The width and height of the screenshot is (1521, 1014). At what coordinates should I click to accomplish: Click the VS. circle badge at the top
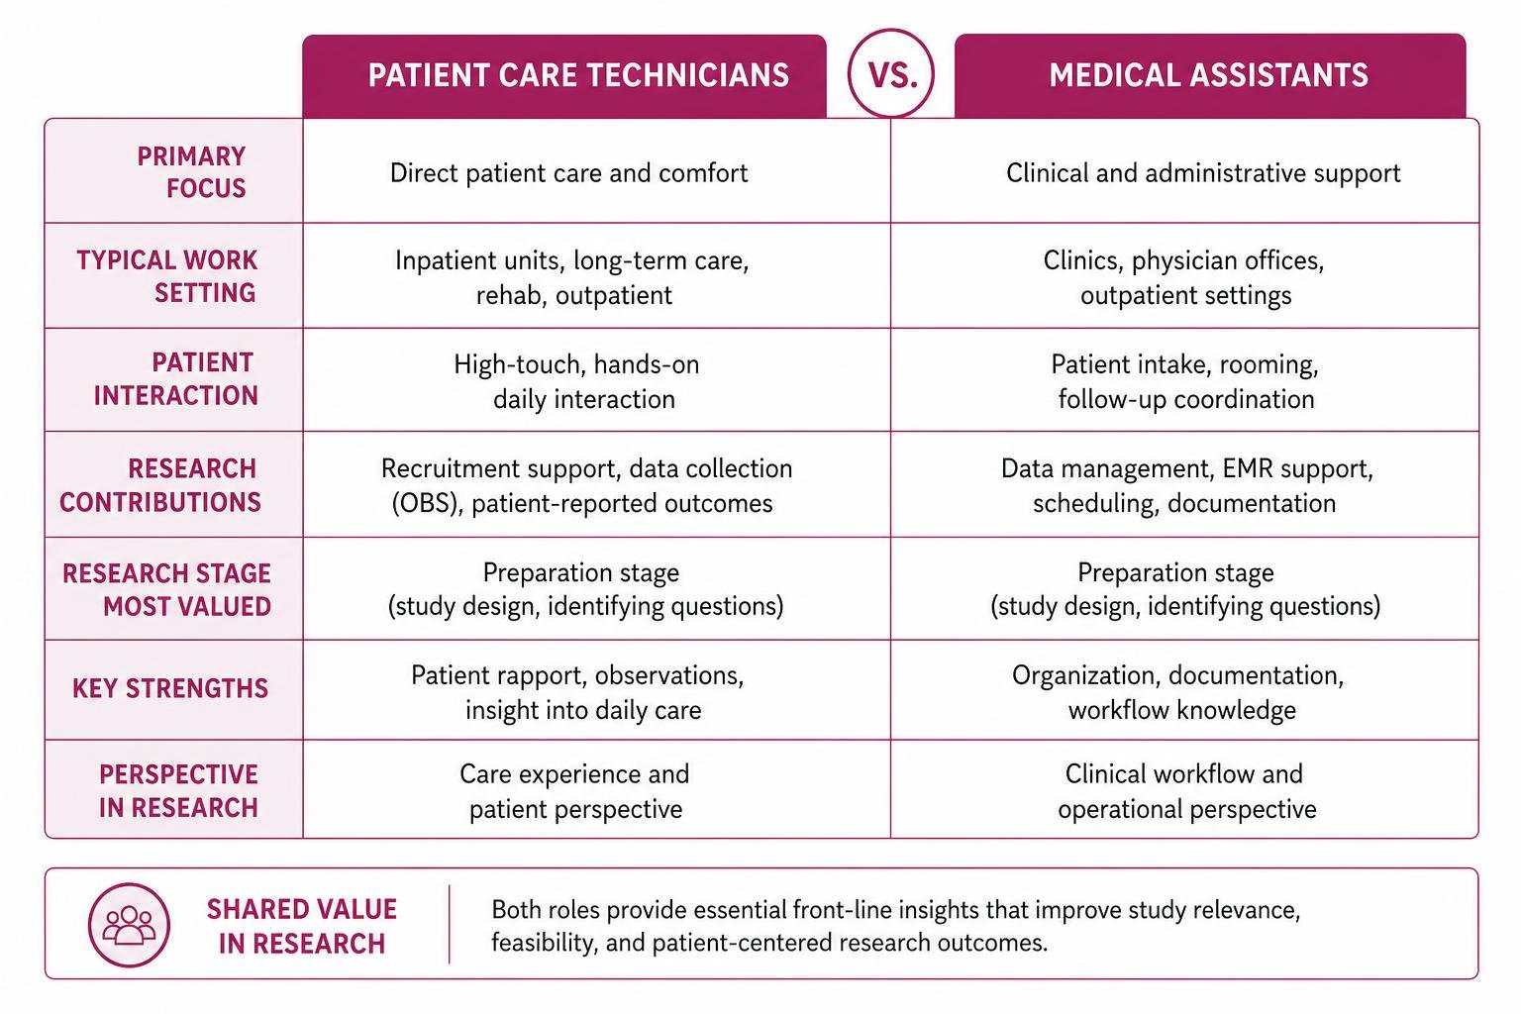[x=890, y=73]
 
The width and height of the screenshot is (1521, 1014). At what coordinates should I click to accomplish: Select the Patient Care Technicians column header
[x=564, y=76]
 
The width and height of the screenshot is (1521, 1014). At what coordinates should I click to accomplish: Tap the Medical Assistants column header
[x=1210, y=76]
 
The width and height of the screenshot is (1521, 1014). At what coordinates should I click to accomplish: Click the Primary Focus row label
[x=191, y=172]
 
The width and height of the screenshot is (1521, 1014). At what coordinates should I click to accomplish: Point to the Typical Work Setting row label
[x=167, y=276]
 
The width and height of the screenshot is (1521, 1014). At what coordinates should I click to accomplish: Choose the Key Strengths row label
[x=170, y=688]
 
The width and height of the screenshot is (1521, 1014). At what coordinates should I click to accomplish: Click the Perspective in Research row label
[x=178, y=790]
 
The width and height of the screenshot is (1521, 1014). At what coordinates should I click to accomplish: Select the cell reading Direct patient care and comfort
[x=569, y=173]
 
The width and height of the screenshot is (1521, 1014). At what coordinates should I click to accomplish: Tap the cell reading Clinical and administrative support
[x=1203, y=173]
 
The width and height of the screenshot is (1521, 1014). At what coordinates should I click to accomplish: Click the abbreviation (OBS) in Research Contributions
[x=427, y=503]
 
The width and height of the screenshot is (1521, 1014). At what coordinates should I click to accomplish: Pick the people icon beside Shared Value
[x=129, y=925]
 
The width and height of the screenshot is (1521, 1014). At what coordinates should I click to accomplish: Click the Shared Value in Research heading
[x=301, y=927]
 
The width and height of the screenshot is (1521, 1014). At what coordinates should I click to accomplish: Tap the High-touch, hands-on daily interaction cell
[x=577, y=381]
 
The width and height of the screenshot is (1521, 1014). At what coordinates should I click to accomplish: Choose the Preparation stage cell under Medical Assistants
[x=1185, y=589]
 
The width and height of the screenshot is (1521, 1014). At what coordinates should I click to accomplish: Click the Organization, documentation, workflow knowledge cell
[x=1178, y=693]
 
